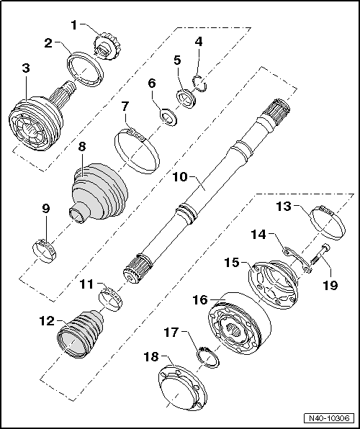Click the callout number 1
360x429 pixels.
[73, 26]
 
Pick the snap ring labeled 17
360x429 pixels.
[207, 356]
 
